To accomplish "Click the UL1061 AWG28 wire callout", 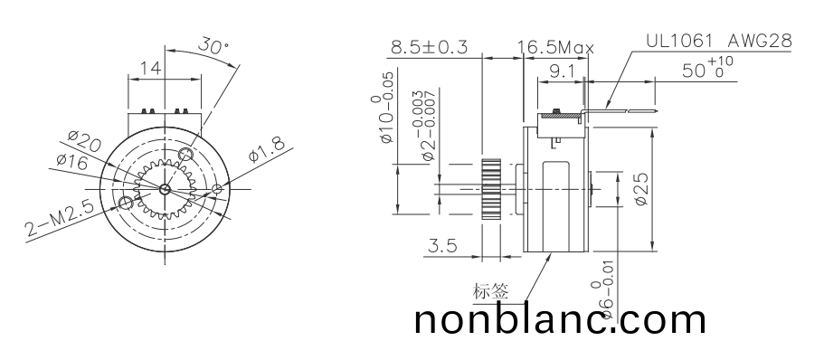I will point(719,41).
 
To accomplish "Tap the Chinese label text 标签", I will point(491,291).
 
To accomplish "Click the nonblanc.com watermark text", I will point(561,320).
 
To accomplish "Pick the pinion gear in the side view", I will point(491,189).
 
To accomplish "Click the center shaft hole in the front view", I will point(164,189).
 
